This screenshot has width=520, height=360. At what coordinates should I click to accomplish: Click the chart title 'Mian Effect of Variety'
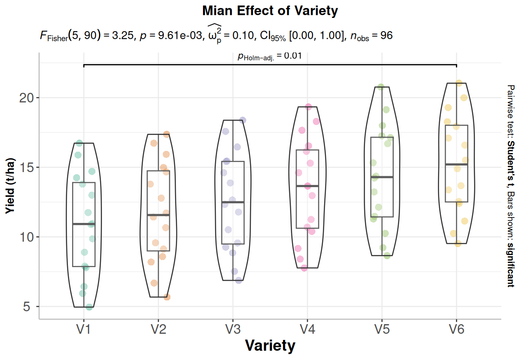click(270, 11)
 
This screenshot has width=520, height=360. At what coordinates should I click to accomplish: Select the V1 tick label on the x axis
click(84, 330)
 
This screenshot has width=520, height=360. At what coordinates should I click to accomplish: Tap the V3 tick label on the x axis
click(233, 330)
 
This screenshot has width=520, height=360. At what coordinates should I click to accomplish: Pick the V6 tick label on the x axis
click(457, 330)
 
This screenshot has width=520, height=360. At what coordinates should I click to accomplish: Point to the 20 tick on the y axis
click(26, 97)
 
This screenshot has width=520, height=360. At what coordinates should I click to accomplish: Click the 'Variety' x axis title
click(270, 345)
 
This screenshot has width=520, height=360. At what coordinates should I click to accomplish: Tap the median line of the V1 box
click(84, 224)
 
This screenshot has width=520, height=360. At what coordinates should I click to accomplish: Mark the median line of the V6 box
click(457, 165)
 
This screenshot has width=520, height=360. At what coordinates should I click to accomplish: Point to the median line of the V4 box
click(307, 186)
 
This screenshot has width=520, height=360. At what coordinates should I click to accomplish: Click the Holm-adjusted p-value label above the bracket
click(270, 56)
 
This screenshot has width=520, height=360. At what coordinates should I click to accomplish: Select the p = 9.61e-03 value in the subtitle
click(169, 36)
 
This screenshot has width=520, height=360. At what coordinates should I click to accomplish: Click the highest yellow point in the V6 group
click(459, 83)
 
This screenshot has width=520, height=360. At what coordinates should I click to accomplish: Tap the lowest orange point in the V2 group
click(167, 297)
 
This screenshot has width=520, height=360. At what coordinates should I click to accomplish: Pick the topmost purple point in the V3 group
click(242, 120)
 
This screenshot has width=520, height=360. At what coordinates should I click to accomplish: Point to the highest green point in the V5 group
click(380, 87)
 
